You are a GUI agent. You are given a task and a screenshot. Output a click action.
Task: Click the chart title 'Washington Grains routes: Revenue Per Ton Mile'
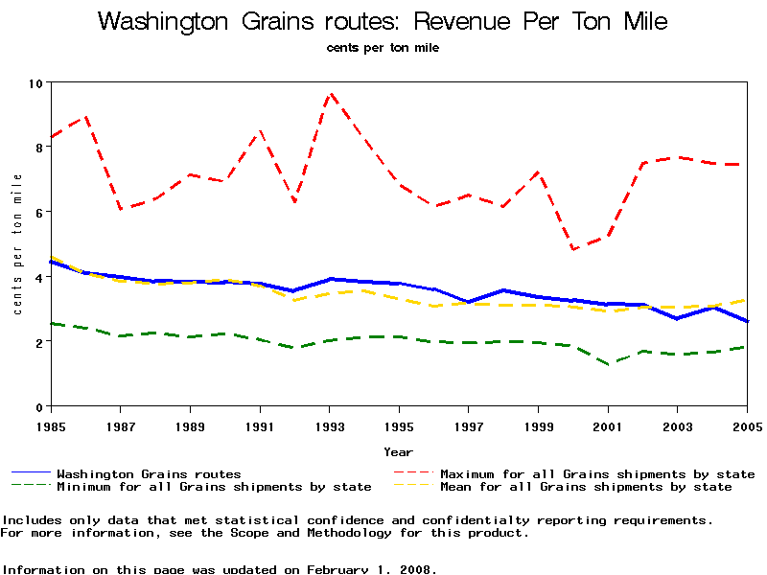[383, 22]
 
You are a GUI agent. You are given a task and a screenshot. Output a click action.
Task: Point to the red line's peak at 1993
[331, 93]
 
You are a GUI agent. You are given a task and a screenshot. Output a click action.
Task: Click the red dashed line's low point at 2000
[573, 250]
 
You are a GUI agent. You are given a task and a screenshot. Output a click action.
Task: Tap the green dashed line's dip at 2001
[609, 364]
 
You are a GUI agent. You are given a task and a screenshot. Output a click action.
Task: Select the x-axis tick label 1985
[51, 425]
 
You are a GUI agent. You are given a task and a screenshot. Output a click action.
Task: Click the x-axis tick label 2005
[747, 425]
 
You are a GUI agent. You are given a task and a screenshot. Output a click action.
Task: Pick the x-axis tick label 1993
[330, 425]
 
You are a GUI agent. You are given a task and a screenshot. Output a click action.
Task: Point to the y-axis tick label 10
[35, 83]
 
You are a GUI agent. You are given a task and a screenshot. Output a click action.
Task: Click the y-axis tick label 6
[39, 213]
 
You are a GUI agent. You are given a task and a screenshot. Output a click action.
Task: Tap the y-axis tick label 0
[39, 407]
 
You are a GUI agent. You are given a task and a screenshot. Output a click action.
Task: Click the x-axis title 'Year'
[399, 451]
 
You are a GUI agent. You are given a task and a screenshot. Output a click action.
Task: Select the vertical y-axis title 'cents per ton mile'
[17, 244]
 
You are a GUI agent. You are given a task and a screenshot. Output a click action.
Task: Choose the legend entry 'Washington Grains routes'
[149, 473]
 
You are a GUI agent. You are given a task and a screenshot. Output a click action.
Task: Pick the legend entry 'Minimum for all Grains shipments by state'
[214, 487]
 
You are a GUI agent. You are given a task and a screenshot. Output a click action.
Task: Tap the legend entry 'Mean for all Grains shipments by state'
[586, 487]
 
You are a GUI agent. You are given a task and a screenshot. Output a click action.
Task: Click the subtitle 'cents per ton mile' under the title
[383, 48]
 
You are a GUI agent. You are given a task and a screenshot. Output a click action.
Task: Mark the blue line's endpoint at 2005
[747, 322]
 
